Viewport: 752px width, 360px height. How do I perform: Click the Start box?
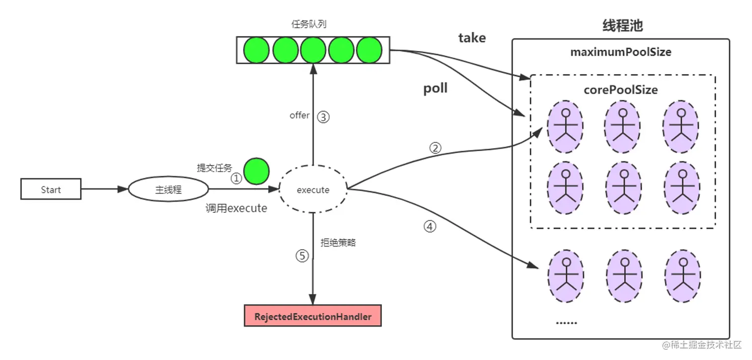pyautogui.click(x=51, y=189)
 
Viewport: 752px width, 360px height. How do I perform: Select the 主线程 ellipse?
pyautogui.click(x=168, y=189)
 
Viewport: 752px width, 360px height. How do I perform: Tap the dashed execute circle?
pyautogui.click(x=313, y=189)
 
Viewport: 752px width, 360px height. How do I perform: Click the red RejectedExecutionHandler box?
pyautogui.click(x=313, y=316)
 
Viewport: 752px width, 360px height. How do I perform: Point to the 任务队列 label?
pyautogui.click(x=309, y=24)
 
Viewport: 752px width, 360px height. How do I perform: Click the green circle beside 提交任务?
pyautogui.click(x=256, y=171)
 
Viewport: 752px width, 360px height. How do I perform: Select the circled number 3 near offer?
pyautogui.click(x=323, y=117)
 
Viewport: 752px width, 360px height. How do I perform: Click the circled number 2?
pyautogui.click(x=435, y=148)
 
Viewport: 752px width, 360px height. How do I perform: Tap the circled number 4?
pyautogui.click(x=430, y=226)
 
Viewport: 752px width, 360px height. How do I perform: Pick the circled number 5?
pyautogui.click(x=302, y=256)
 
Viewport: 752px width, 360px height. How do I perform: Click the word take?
pyautogui.click(x=472, y=38)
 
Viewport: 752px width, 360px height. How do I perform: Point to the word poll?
pyautogui.click(x=435, y=88)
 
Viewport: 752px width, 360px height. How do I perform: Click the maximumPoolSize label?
pyautogui.click(x=621, y=52)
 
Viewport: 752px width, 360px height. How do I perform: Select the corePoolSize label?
pyautogui.click(x=621, y=90)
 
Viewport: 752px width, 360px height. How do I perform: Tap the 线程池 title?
pyautogui.click(x=622, y=25)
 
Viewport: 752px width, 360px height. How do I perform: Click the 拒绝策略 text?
pyautogui.click(x=338, y=243)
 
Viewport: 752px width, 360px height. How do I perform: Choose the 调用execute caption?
pyautogui.click(x=236, y=208)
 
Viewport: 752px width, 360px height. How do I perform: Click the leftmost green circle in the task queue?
pyautogui.click(x=256, y=50)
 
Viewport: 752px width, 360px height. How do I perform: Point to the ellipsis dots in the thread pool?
pyautogui.click(x=566, y=323)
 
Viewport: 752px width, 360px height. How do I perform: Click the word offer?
pyautogui.click(x=299, y=115)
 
